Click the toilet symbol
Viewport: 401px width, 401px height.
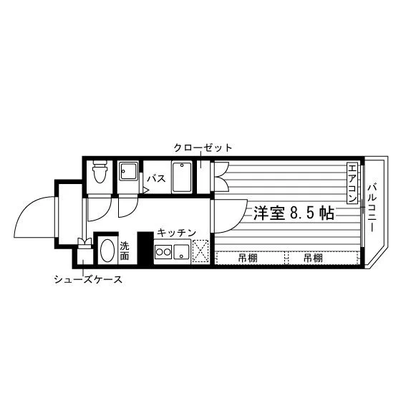(100, 171)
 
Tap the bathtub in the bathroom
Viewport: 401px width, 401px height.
(182, 178)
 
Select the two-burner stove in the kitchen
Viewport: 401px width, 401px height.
(163, 252)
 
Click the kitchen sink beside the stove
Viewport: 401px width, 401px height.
(181, 251)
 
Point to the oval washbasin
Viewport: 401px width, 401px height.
(107, 251)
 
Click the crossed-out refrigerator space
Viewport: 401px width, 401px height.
(200, 251)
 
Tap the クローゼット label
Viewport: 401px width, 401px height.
(203, 148)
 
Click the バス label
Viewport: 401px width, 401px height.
(156, 178)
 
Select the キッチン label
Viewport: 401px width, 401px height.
(176, 233)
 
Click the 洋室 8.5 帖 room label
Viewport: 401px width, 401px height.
(294, 213)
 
